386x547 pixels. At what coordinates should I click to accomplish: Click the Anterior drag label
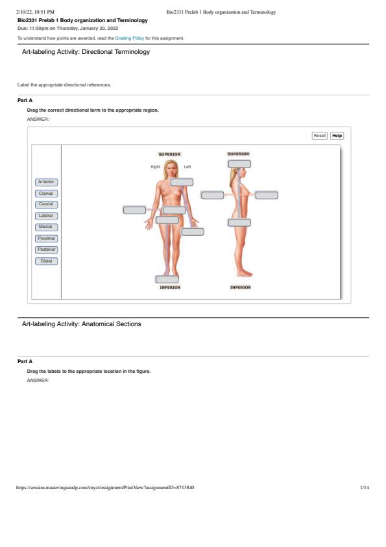point(46,182)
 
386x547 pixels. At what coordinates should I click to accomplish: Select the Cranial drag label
point(46,194)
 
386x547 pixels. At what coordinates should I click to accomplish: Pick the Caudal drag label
point(46,205)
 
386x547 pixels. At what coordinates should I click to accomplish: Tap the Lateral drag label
point(46,216)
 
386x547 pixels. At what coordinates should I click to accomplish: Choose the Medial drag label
point(46,227)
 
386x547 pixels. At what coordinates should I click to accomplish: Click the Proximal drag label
point(46,238)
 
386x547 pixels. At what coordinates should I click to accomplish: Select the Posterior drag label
point(46,249)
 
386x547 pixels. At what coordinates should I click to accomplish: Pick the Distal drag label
point(46,261)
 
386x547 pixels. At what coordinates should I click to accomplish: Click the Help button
point(337,136)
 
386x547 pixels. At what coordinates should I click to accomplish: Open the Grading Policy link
point(130,38)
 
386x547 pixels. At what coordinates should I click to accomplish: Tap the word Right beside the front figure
point(156,167)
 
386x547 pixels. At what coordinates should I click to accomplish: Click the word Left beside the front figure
point(187,167)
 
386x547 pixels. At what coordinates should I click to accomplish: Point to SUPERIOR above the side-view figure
point(239,154)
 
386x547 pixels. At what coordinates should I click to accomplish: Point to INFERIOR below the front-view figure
point(170,287)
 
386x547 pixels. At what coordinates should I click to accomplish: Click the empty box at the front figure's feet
point(167,279)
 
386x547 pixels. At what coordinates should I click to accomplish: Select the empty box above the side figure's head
point(239,164)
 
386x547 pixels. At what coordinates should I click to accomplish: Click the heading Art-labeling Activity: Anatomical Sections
point(82,324)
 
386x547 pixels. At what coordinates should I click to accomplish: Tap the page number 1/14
point(365,487)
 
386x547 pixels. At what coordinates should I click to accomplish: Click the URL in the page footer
point(105,487)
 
